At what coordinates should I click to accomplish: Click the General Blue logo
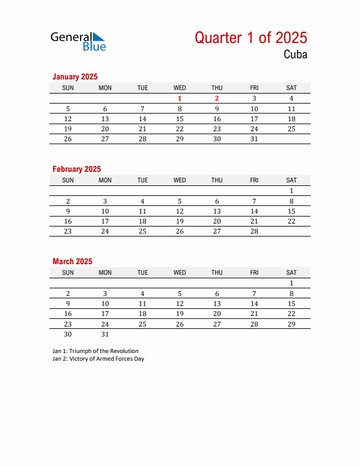[x=78, y=41]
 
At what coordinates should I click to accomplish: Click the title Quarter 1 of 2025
[x=251, y=38]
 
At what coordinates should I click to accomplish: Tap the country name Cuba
[x=295, y=55]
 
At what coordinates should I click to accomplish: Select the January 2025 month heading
[x=75, y=76]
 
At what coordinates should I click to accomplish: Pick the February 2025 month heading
[x=76, y=169]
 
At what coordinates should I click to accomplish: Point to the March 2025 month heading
[x=72, y=261]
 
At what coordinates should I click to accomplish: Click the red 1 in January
[x=180, y=99]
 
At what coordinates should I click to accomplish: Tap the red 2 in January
[x=217, y=99]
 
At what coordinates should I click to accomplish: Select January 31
[x=254, y=139]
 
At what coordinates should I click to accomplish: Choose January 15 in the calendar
[x=180, y=119]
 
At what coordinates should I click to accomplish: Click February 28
[x=254, y=232]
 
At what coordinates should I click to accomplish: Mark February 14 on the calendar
[x=254, y=211]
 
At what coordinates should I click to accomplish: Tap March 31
[x=105, y=334]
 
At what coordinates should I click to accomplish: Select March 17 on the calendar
[x=105, y=314]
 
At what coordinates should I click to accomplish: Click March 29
[x=291, y=324]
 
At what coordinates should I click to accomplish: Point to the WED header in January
[x=180, y=88]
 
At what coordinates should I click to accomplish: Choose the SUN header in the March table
[x=68, y=272]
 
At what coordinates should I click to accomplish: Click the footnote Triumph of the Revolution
[x=95, y=351]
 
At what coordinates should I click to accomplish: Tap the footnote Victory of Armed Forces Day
[x=98, y=359]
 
